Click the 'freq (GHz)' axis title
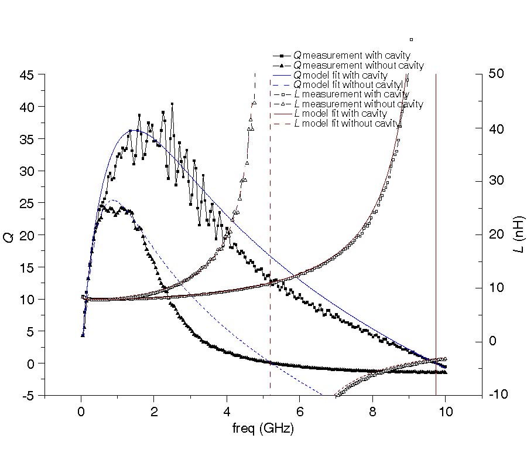click(263, 429)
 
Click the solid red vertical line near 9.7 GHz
click(436, 235)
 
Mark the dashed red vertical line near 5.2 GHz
click(270, 235)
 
